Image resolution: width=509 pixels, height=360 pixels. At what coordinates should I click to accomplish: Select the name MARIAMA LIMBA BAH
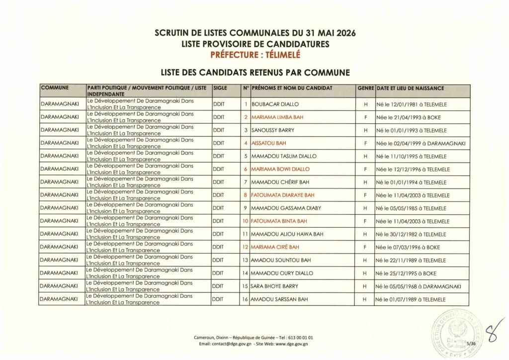pyautogui.click(x=277, y=117)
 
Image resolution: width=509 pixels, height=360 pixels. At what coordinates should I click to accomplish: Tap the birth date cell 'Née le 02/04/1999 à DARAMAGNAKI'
pyautogui.click(x=421, y=143)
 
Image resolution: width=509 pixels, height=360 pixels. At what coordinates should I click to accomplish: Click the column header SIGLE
pyautogui.click(x=220, y=88)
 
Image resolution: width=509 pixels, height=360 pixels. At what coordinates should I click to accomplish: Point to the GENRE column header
pyautogui.click(x=365, y=88)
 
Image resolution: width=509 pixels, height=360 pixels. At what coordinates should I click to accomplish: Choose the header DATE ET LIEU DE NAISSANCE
pyautogui.click(x=411, y=88)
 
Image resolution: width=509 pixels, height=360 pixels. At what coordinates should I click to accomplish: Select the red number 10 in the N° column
pyautogui.click(x=245, y=221)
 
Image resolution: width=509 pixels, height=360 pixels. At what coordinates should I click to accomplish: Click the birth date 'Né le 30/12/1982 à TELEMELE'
pyautogui.click(x=411, y=234)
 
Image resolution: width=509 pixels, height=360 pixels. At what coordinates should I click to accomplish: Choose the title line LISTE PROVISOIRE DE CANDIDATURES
pyautogui.click(x=255, y=44)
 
